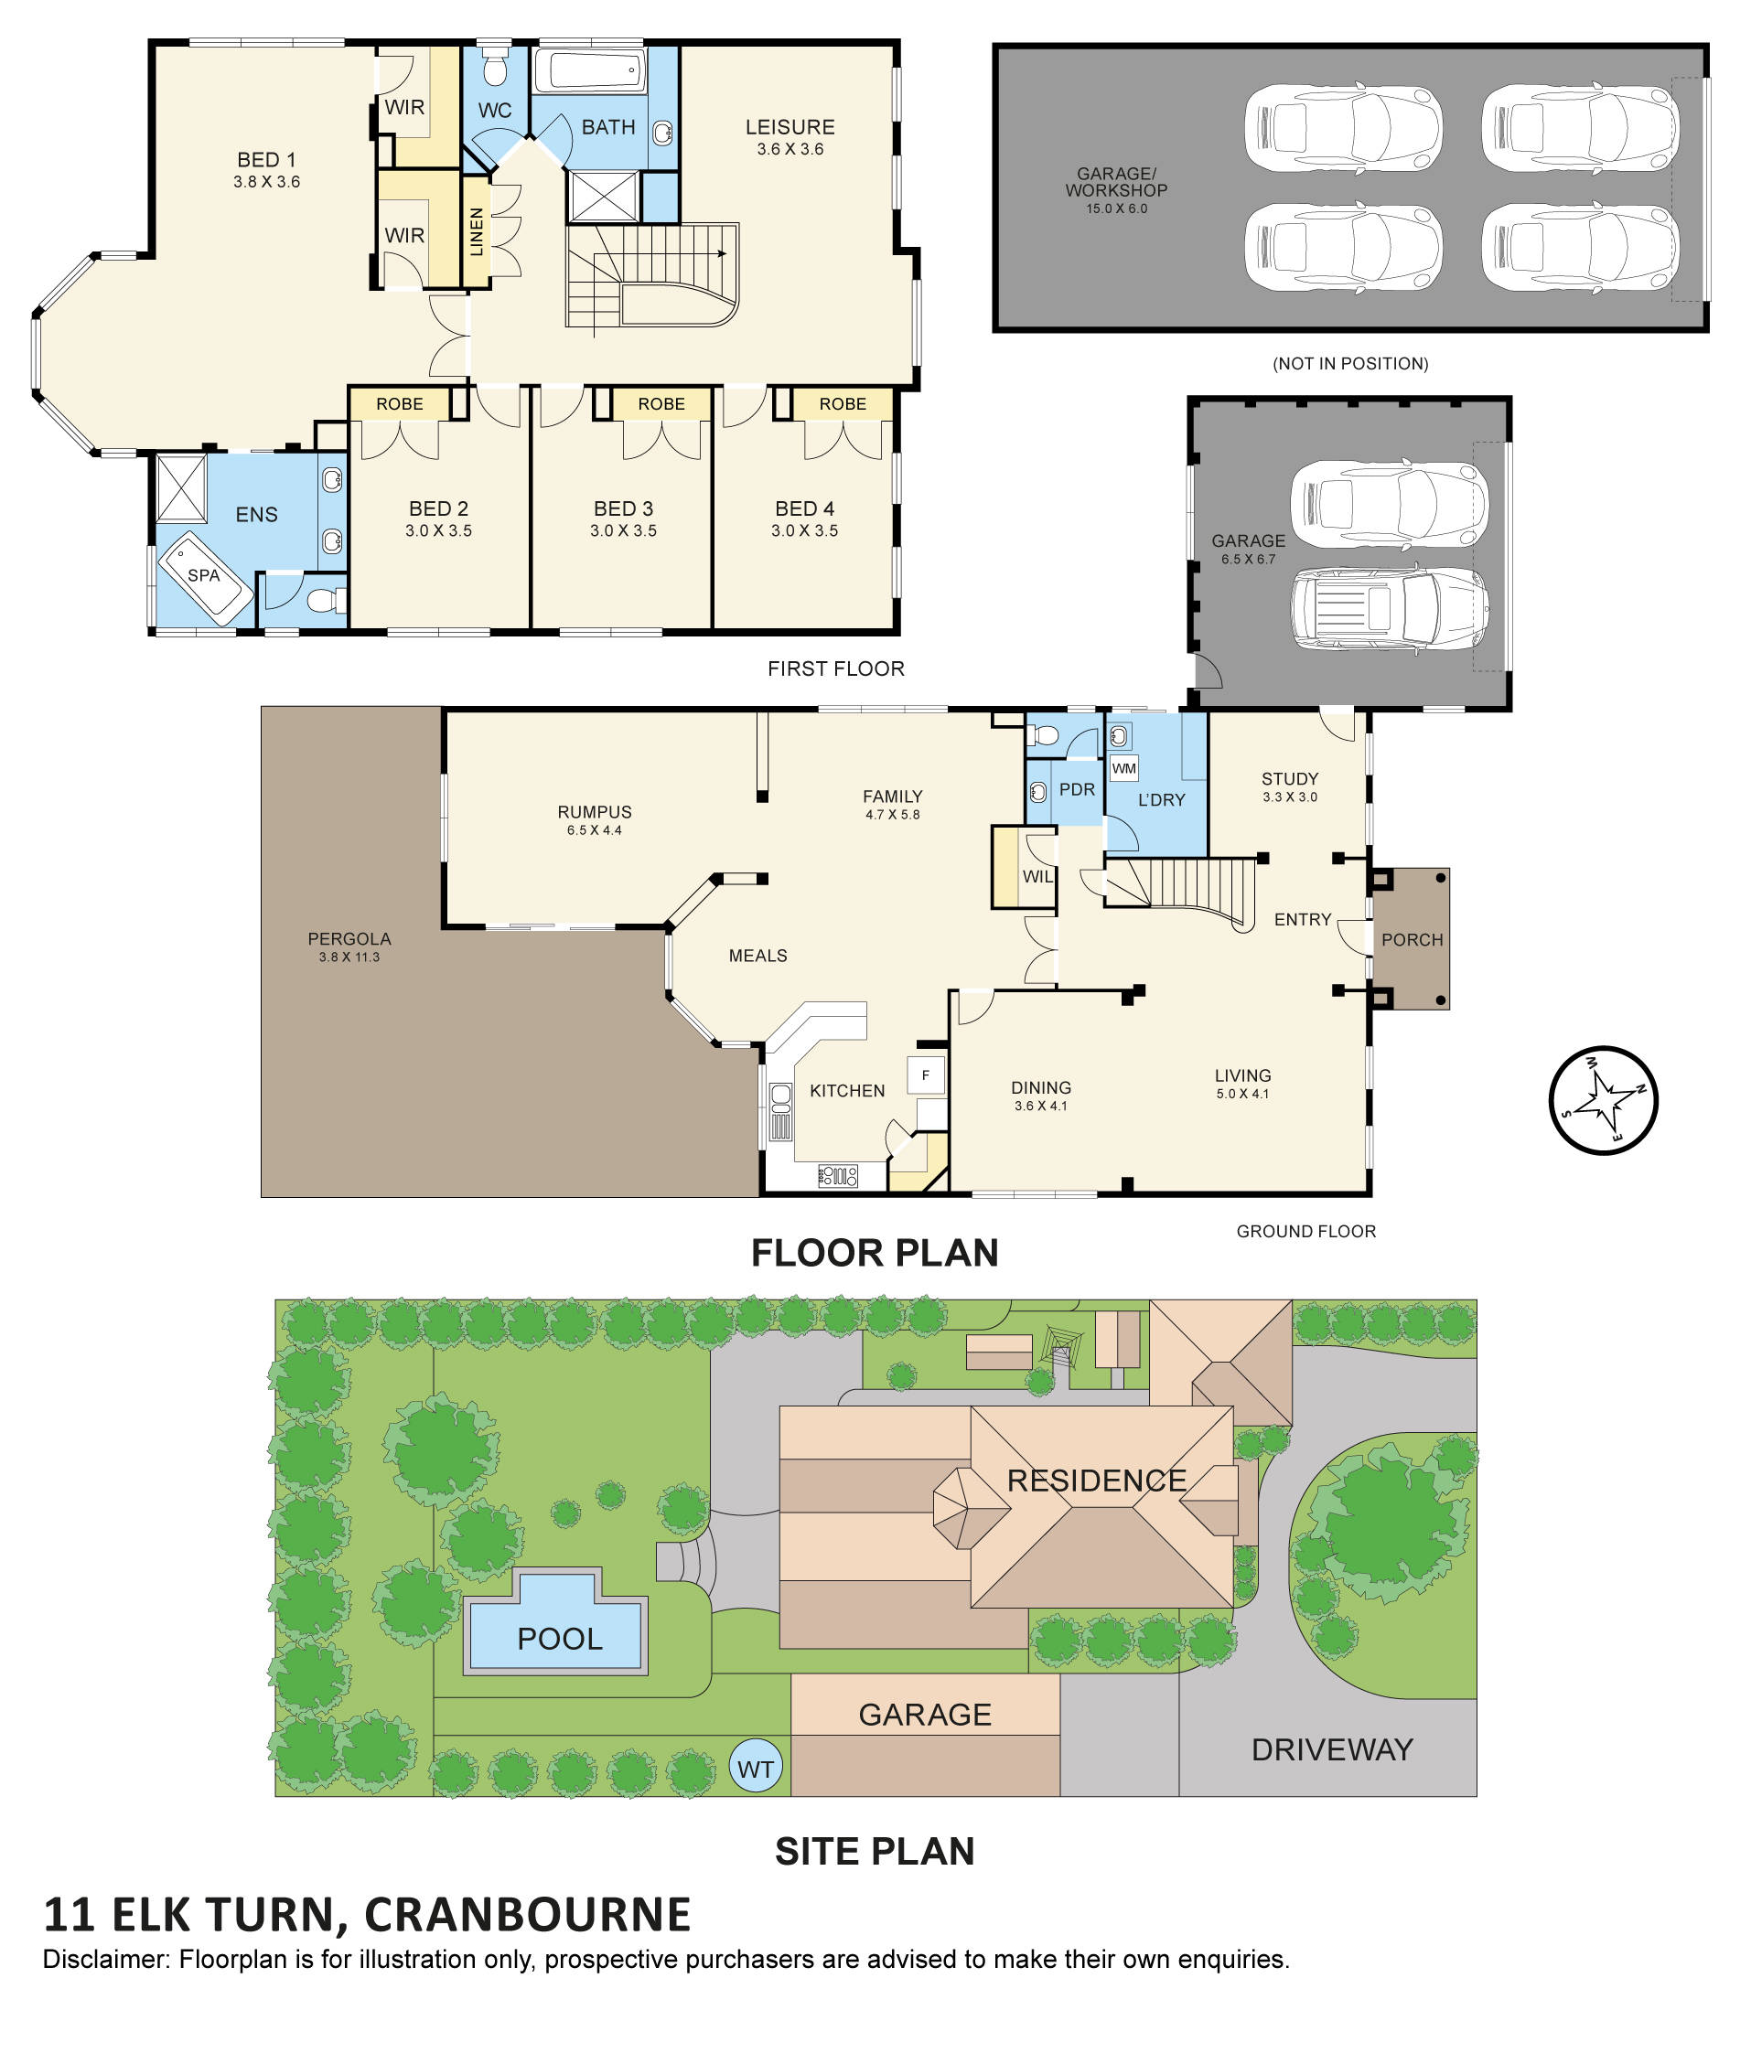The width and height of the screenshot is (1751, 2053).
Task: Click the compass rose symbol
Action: coord(1603,1100)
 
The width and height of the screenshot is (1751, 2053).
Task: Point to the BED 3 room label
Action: coord(623,508)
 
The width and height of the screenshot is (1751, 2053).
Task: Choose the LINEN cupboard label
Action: coord(477,232)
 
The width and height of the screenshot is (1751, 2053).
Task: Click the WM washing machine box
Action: coord(1123,768)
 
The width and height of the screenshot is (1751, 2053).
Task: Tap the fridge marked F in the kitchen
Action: coord(926,1075)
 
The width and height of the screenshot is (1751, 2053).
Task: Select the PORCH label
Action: coord(1413,939)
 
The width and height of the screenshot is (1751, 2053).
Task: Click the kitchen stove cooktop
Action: coord(837,1177)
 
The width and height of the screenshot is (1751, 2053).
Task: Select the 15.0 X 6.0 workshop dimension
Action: coord(1117,209)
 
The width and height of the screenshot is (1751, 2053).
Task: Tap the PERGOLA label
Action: coord(349,938)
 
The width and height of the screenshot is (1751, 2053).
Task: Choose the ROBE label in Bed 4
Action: coord(843,404)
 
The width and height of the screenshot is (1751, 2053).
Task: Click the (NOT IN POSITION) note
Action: coord(1349,364)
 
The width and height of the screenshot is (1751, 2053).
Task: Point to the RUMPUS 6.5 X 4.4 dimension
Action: coord(595,830)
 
